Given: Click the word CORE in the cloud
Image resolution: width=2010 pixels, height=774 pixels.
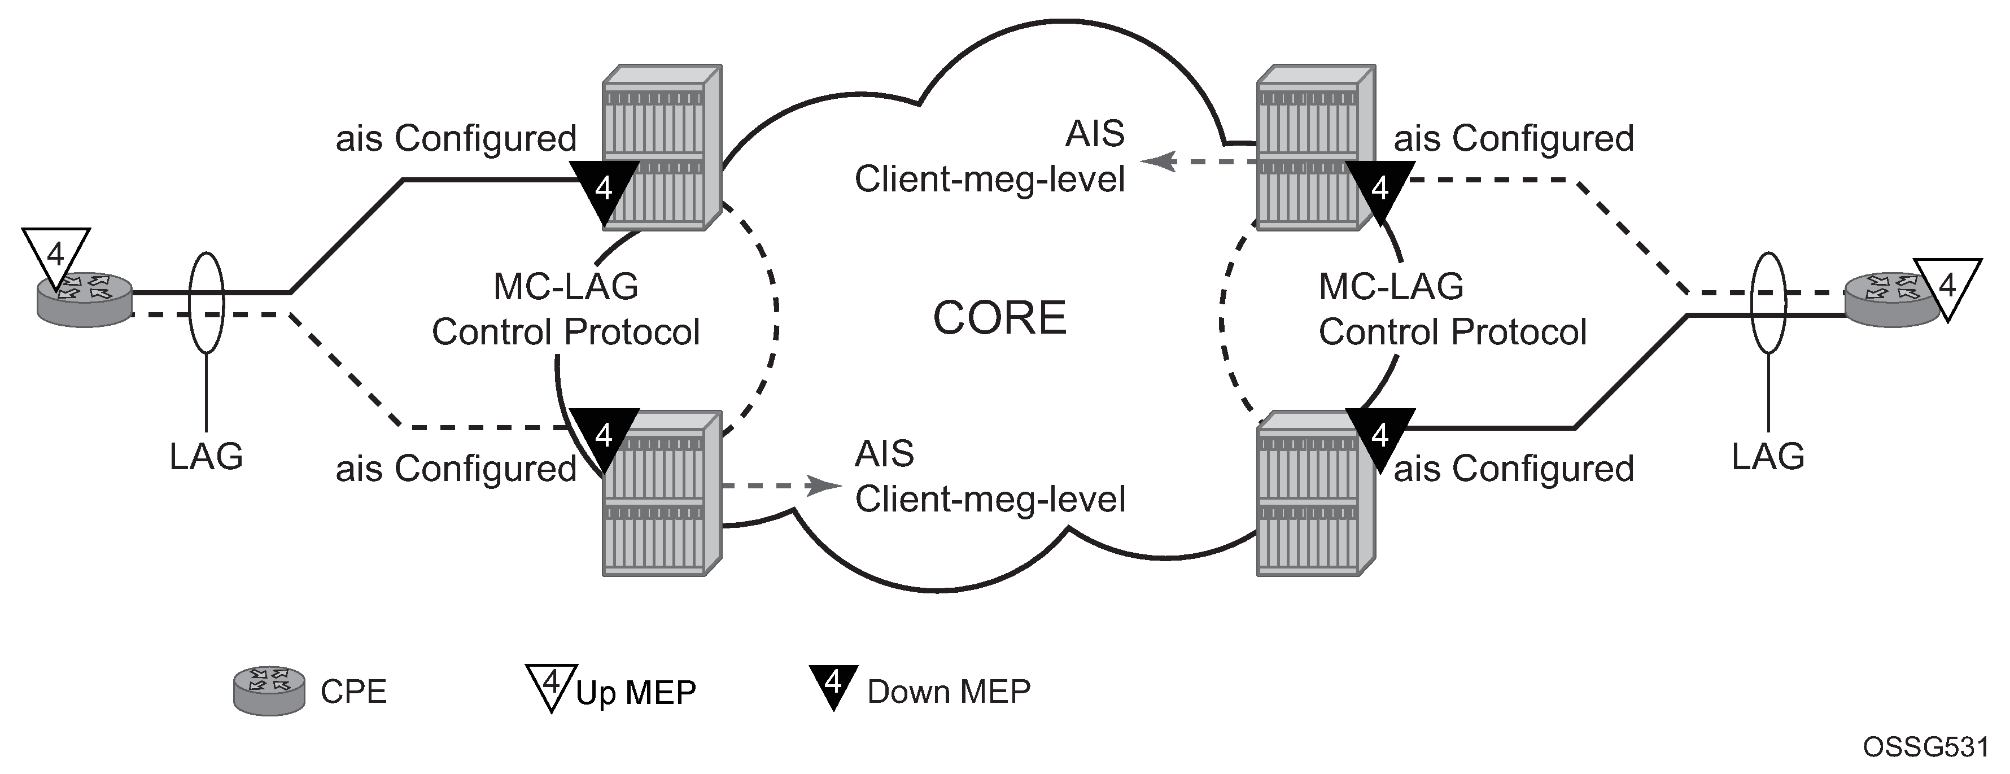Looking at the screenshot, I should (999, 318).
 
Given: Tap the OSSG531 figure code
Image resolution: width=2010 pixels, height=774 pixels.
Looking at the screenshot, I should (1926, 747).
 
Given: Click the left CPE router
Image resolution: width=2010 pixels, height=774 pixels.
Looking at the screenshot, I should (86, 300).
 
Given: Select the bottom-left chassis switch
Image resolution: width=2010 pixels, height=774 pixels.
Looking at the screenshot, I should (662, 495).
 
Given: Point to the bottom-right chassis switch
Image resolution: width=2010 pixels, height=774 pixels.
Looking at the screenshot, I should (1316, 495).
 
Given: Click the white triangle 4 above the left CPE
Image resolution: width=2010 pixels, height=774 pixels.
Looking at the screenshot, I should (56, 255).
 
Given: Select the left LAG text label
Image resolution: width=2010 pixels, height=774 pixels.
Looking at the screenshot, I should (206, 457).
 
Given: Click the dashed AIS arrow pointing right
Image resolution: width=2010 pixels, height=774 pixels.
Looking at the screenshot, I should (780, 486).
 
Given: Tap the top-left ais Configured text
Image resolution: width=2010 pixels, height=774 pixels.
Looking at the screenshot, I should (456, 139).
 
